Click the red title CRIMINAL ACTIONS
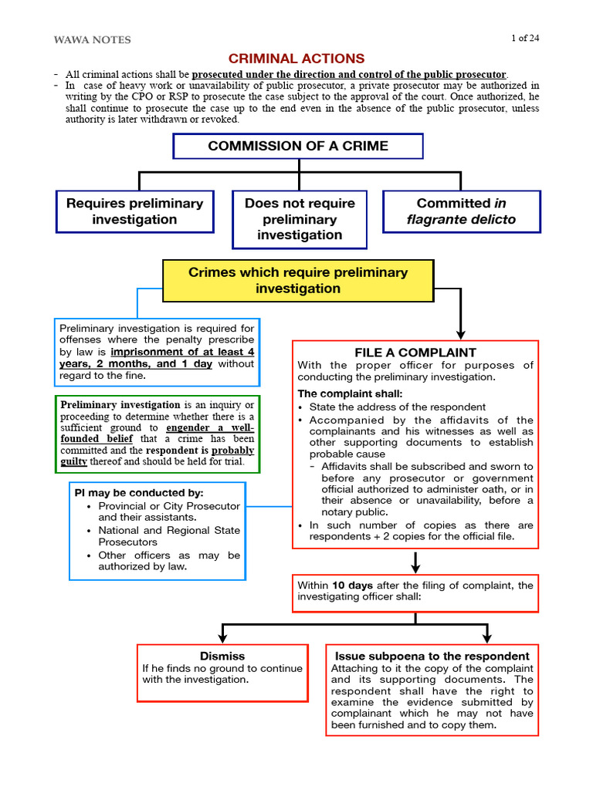pyautogui.click(x=296, y=59)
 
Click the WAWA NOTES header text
pyautogui.click(x=92, y=39)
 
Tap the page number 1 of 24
pyautogui.click(x=524, y=39)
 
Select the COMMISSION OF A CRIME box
pyautogui.click(x=297, y=146)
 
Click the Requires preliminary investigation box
pyautogui.click(x=134, y=211)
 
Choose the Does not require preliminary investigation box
pyautogui.click(x=300, y=219)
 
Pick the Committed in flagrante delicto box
pyautogui.click(x=461, y=211)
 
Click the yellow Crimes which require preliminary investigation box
pyautogui.click(x=298, y=281)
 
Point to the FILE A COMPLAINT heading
pyautogui.click(x=415, y=353)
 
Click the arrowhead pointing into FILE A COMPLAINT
pyautogui.click(x=461, y=333)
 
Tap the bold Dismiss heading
pyautogui.click(x=222, y=657)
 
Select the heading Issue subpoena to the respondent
pyautogui.click(x=432, y=657)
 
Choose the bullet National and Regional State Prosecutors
pyautogui.click(x=169, y=536)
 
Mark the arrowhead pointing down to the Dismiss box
pyautogui.click(x=222, y=637)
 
